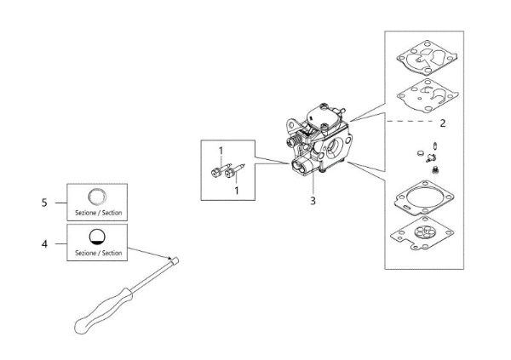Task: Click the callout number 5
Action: click(x=44, y=203)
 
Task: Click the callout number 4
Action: click(x=44, y=243)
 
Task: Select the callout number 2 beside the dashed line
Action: click(x=442, y=123)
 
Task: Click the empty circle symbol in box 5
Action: click(x=97, y=194)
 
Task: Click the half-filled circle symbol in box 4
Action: click(x=97, y=237)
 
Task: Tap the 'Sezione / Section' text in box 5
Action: click(x=97, y=212)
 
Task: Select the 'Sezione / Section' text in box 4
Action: click(x=97, y=253)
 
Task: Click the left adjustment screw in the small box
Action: click(x=213, y=174)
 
